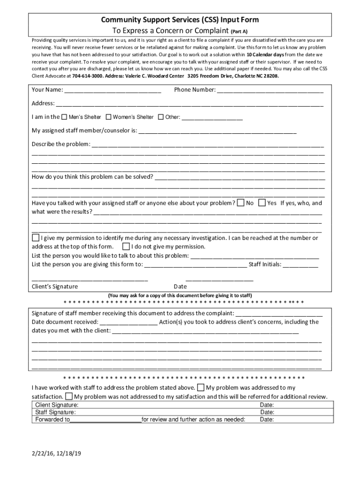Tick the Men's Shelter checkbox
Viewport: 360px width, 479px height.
[x=65, y=117]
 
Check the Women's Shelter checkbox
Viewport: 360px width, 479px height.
[x=108, y=117]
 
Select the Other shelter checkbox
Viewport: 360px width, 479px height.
[x=161, y=117]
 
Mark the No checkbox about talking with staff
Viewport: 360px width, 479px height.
[x=240, y=203]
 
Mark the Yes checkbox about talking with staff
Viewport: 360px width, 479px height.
[x=262, y=203]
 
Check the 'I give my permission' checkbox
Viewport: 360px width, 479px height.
[x=36, y=238]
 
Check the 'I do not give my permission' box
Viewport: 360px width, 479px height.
[x=126, y=247]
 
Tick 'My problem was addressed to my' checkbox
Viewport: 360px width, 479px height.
[x=200, y=387]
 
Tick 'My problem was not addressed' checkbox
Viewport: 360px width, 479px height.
[x=69, y=397]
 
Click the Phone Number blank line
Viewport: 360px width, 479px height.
[x=270, y=90]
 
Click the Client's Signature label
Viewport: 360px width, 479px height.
[x=55, y=286]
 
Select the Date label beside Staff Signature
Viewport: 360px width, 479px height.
[x=267, y=412]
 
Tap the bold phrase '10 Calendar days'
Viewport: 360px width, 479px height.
[x=266, y=54]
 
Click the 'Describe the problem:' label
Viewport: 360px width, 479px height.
[x=61, y=144]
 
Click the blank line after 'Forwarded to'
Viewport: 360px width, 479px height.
[x=105, y=420]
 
